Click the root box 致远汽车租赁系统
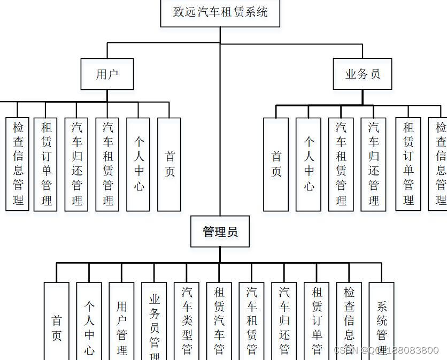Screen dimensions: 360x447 pyautogui.click(x=220, y=12)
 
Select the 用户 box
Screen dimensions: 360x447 pyautogui.click(x=107, y=74)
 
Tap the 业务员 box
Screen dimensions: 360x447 pyautogui.click(x=363, y=74)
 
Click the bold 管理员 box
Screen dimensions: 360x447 pyautogui.click(x=220, y=232)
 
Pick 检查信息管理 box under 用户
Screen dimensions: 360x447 pyautogui.click(x=18, y=164)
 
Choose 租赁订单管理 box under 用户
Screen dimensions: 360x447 pyautogui.click(x=47, y=164)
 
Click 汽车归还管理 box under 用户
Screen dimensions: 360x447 pyautogui.click(x=77, y=164)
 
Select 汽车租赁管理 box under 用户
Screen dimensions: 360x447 pyautogui.click(x=108, y=164)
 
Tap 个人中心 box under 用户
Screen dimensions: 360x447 pyautogui.click(x=138, y=164)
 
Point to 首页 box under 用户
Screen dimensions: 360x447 pyautogui.click(x=169, y=164)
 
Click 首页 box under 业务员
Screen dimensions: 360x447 pyautogui.click(x=276, y=164)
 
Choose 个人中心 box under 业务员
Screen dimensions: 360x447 pyautogui.click(x=309, y=164)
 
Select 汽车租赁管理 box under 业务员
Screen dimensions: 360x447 pyautogui.click(x=341, y=164)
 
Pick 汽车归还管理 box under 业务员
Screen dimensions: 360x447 pyautogui.click(x=374, y=164)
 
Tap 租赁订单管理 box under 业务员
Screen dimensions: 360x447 pyautogui.click(x=409, y=164)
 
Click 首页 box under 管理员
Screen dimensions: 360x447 pyautogui.click(x=57, y=321)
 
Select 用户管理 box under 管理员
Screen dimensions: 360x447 pyautogui.click(x=122, y=321)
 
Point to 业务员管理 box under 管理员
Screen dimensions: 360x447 pyautogui.click(x=155, y=321)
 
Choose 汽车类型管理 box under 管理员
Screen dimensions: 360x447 pyautogui.click(x=187, y=321)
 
